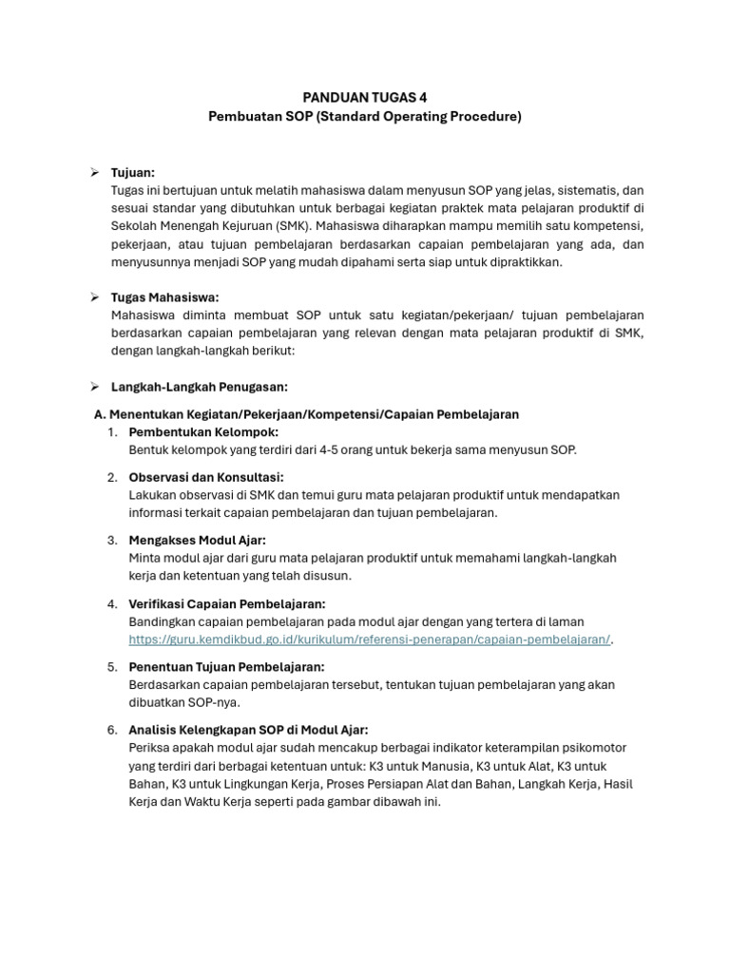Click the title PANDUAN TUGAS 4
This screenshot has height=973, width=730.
[365, 97]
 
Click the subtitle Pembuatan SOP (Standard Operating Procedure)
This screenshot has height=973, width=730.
[365, 116]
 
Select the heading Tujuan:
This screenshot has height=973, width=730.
[133, 172]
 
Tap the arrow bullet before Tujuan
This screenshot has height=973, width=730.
[95, 172]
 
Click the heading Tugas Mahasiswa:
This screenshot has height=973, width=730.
[165, 297]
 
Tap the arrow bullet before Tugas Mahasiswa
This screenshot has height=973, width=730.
[95, 297]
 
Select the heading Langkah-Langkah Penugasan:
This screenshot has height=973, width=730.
[199, 387]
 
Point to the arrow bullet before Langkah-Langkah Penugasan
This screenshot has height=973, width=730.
[95, 387]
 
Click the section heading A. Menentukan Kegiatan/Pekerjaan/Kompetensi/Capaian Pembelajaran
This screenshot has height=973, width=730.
[306, 415]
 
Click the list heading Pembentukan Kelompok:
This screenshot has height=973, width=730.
[203, 432]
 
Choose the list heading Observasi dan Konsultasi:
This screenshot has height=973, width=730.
[206, 477]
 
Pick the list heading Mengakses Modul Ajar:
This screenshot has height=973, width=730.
[197, 540]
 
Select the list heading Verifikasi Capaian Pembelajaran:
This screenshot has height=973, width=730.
[227, 603]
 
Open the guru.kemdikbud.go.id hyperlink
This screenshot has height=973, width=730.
[370, 639]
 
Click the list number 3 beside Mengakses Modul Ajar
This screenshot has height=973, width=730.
[112, 540]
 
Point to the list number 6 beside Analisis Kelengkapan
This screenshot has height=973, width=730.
[112, 730]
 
